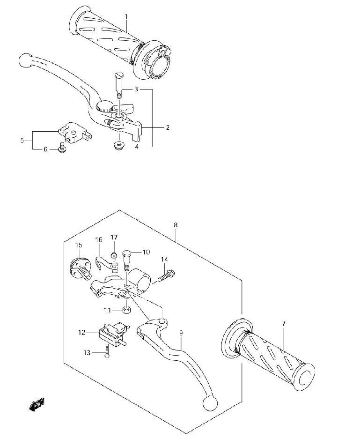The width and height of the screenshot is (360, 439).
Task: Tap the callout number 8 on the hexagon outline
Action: click(175, 225)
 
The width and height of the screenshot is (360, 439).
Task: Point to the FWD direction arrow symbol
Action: click(37, 404)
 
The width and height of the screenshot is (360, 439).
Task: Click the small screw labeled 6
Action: click(60, 149)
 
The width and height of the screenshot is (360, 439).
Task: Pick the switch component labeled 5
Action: click(74, 131)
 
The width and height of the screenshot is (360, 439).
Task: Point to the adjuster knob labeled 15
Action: click(78, 265)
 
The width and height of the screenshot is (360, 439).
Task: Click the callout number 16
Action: click(98, 240)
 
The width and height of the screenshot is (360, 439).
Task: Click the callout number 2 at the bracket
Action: click(167, 127)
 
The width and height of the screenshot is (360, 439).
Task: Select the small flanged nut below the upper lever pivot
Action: click(118, 145)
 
